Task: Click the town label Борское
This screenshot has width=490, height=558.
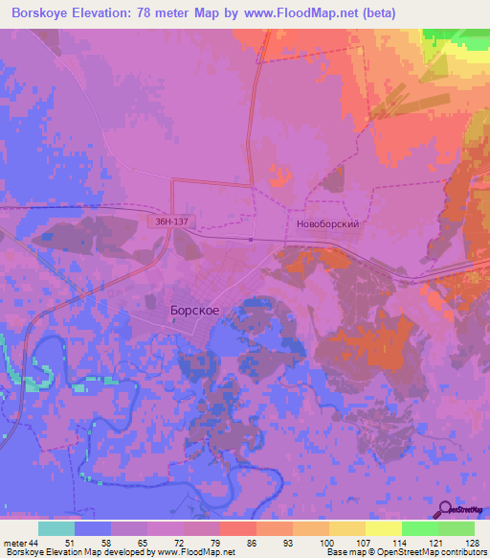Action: pyautogui.click(x=195, y=312)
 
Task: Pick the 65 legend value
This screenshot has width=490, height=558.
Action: pyautogui.click(x=145, y=544)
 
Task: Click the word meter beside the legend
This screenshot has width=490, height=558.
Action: pyautogui.click(x=13, y=544)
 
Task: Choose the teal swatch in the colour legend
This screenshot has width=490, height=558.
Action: pyautogui.click(x=56, y=528)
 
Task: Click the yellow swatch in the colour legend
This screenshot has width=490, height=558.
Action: pyautogui.click(x=384, y=528)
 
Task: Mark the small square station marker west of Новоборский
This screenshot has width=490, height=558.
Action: pyautogui.click(x=251, y=240)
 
